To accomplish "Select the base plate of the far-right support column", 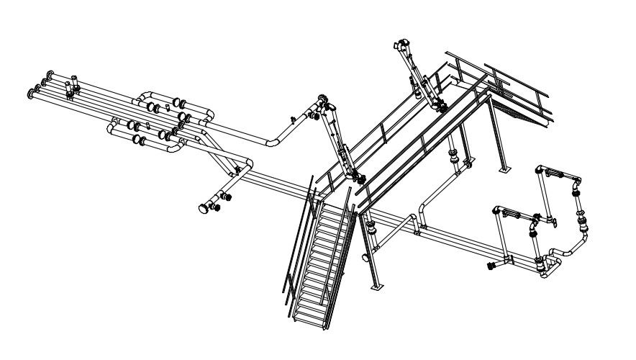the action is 505,170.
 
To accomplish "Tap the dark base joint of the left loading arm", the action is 360,178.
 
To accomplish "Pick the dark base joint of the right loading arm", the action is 442,108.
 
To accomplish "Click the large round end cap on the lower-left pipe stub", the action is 204,209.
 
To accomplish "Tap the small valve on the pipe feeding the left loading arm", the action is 293,118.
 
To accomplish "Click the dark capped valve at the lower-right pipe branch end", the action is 491,266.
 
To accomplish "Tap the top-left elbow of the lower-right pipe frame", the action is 496,211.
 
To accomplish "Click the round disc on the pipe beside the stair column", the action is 365,256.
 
